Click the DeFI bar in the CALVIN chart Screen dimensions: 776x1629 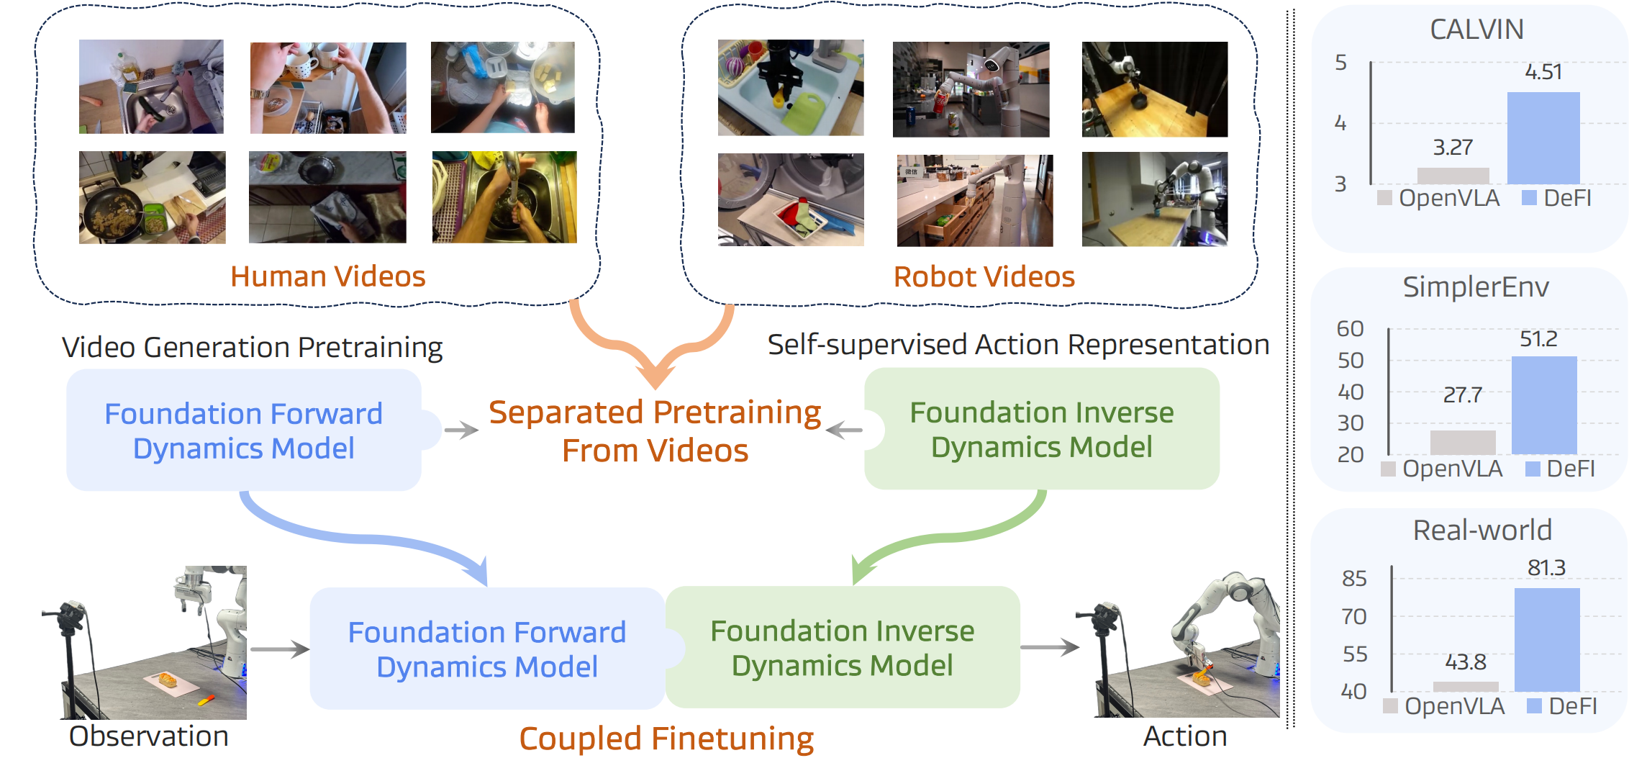(1543, 137)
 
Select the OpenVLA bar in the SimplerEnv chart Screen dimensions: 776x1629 (1462, 442)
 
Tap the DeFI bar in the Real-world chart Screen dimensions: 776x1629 (1546, 639)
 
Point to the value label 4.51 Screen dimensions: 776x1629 (1543, 72)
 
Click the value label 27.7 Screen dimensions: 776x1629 (1462, 394)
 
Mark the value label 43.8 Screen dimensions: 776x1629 (1465, 662)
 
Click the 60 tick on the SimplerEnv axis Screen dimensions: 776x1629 (1350, 328)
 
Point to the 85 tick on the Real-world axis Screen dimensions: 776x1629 (1353, 578)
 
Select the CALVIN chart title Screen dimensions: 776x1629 (1476, 30)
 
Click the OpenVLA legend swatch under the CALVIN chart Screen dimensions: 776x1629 (1384, 198)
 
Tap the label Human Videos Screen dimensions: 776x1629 (327, 276)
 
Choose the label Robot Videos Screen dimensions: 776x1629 (984, 276)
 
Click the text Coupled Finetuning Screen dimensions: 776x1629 (666, 739)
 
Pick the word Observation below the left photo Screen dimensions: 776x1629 (148, 736)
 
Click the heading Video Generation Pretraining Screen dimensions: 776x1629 (252, 347)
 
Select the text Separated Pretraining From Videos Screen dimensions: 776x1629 (655, 431)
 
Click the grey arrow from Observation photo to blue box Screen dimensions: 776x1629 (279, 649)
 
